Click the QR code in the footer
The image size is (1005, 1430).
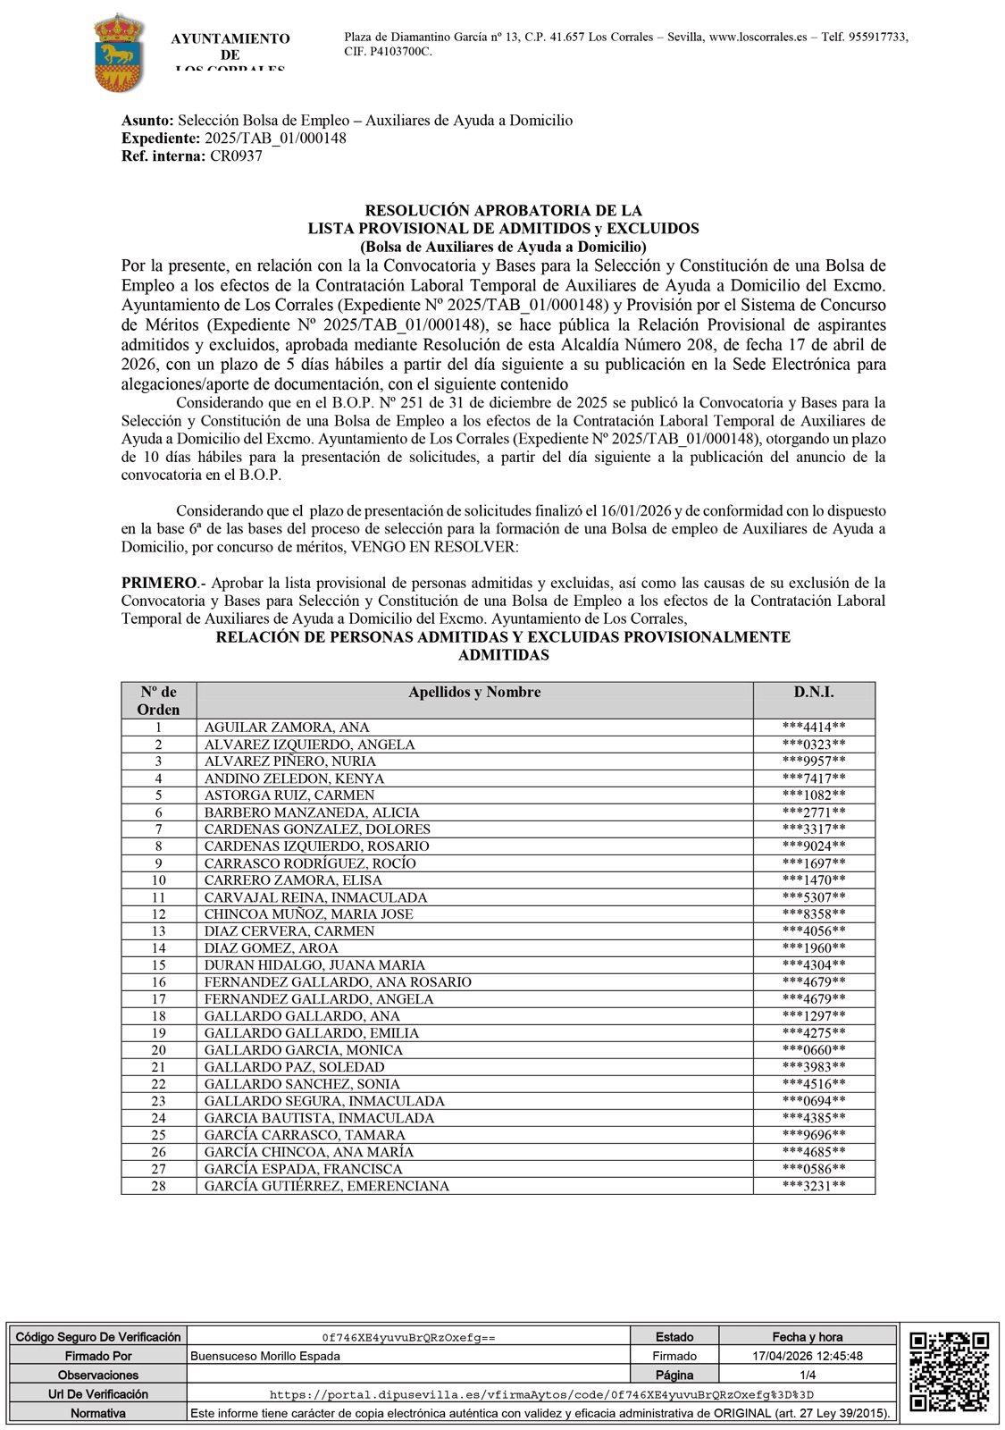pos(949,1372)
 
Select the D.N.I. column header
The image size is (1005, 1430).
pos(813,692)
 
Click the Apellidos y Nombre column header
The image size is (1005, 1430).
pos(474,692)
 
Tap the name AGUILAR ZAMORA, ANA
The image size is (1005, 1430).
pos(287,728)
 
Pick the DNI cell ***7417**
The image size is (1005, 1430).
pos(813,778)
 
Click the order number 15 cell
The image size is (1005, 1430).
pos(158,965)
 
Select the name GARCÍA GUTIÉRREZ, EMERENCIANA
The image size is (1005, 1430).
pos(326,1186)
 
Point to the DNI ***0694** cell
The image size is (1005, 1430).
pos(813,1101)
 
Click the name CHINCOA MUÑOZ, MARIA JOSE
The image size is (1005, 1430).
pos(308,914)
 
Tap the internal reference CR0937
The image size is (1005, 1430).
pos(236,156)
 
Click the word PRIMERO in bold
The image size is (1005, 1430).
pos(159,583)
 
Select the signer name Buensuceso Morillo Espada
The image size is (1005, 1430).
pos(264,1356)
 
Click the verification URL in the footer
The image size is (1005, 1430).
pos(541,1394)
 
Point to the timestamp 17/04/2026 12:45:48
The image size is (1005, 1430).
pos(807,1356)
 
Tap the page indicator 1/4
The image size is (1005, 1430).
pos(807,1375)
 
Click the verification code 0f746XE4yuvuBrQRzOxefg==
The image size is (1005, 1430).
pos(408,1338)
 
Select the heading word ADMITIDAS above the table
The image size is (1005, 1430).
pos(503,655)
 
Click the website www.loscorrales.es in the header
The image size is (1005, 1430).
pos(758,37)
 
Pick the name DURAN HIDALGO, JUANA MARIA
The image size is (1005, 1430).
pos(314,965)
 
